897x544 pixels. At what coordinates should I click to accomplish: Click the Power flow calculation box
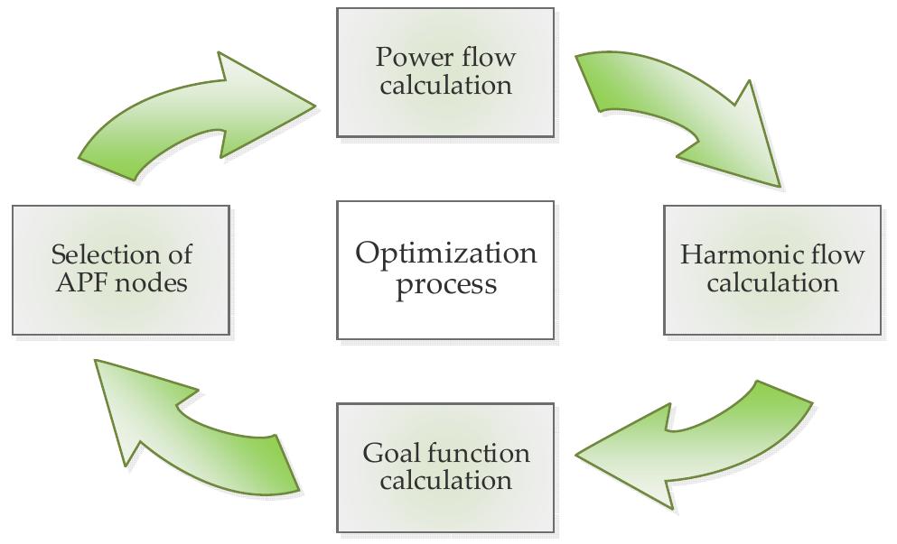click(445, 72)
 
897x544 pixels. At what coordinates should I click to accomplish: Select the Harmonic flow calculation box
click(772, 269)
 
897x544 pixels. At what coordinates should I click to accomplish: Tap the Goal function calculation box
click(445, 467)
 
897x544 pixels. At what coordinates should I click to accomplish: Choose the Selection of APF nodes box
click(120, 269)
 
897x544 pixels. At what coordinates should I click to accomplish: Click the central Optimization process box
click(445, 269)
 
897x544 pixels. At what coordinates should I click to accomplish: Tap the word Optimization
click(445, 254)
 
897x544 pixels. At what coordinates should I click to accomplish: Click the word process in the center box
click(445, 285)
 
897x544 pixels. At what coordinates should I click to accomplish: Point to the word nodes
click(154, 283)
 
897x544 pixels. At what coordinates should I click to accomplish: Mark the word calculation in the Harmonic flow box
click(772, 283)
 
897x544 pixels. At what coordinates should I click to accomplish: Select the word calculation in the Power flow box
click(445, 86)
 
